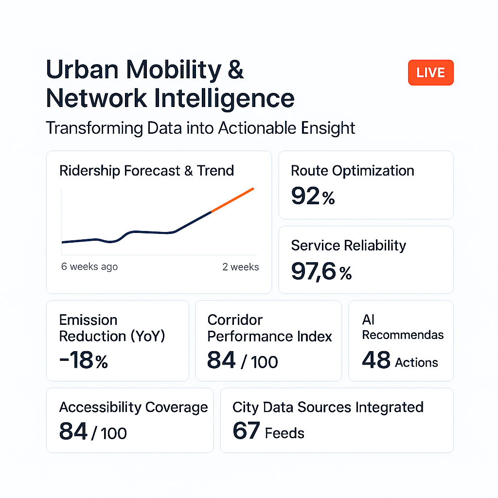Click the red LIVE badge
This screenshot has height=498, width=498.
pyautogui.click(x=431, y=72)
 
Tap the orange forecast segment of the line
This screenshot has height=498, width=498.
pyautogui.click(x=232, y=200)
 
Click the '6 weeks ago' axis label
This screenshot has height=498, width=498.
pyautogui.click(x=89, y=267)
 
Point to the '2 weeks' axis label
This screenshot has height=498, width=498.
pyautogui.click(x=240, y=267)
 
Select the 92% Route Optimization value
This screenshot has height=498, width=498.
pyautogui.click(x=313, y=196)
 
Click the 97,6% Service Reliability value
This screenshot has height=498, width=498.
pyautogui.click(x=321, y=271)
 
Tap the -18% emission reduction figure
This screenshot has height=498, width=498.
pyautogui.click(x=84, y=360)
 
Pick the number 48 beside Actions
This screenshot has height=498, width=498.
pyautogui.click(x=376, y=360)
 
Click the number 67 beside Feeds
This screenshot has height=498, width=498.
pyautogui.click(x=246, y=431)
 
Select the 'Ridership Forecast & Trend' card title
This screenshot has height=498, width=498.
pyautogui.click(x=147, y=171)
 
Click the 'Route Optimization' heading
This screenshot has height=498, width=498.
pyautogui.click(x=353, y=171)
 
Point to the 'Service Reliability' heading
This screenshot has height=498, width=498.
pyautogui.click(x=348, y=246)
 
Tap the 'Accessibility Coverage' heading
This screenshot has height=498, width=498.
pyautogui.click(x=133, y=408)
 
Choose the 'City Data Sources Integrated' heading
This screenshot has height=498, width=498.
pyautogui.click(x=328, y=408)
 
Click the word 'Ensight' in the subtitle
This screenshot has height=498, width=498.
pyautogui.click(x=328, y=128)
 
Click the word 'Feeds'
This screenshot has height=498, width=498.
pyautogui.click(x=285, y=433)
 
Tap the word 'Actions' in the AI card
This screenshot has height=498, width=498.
pyautogui.click(x=416, y=362)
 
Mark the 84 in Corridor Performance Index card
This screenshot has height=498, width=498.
pyautogui.click(x=221, y=360)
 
